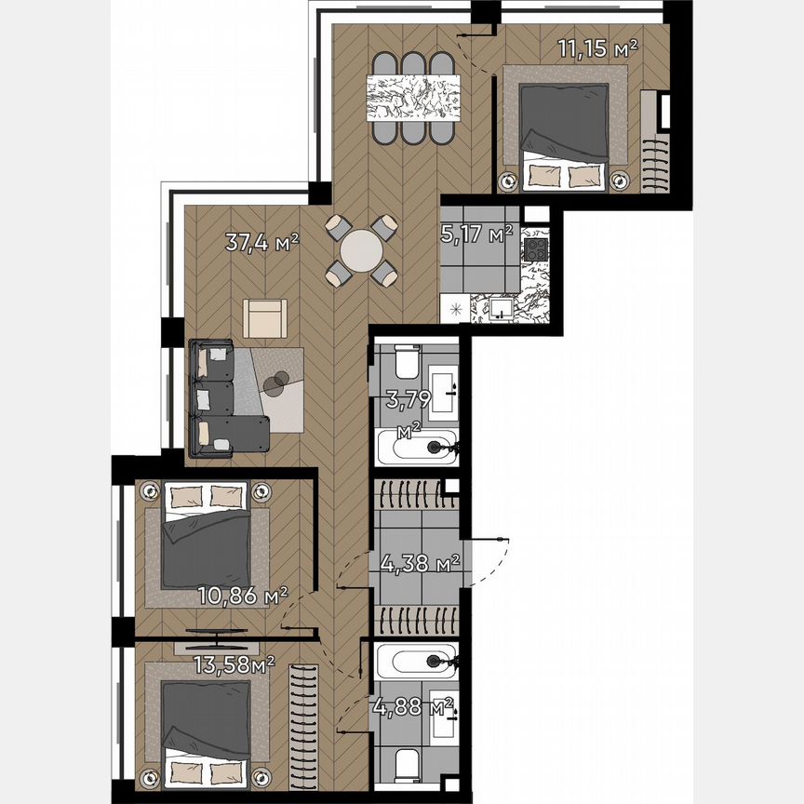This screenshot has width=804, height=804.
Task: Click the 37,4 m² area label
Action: tap(261, 244)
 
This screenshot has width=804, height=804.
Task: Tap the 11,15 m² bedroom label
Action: tap(596, 49)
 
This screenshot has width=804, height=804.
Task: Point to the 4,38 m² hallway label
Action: tap(422, 562)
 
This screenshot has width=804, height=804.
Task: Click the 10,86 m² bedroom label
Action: tap(242, 595)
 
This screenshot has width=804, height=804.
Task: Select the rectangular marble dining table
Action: tap(410, 98)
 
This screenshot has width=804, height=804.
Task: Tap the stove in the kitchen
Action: tap(536, 249)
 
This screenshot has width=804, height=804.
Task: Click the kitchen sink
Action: tap(502, 307)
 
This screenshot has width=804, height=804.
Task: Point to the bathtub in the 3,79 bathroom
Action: tap(415, 448)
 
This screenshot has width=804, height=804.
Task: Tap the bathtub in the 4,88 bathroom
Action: tap(415, 663)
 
